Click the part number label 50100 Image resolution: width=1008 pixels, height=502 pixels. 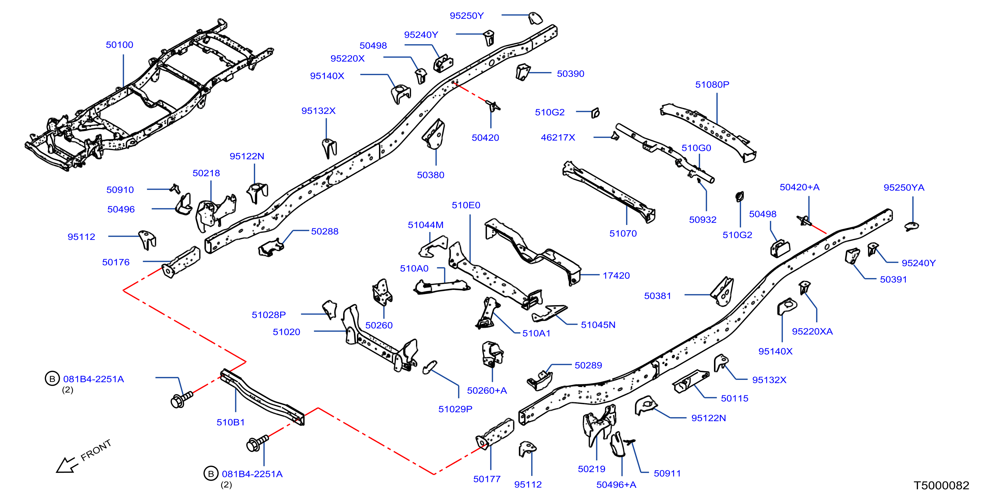click(x=119, y=45)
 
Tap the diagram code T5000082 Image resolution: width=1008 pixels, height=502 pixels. click(x=941, y=485)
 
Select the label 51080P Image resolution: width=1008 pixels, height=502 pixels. click(x=712, y=85)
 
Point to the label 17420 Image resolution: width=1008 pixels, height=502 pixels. click(x=616, y=275)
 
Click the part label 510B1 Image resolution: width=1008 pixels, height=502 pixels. click(x=230, y=422)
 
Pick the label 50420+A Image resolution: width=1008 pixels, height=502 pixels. click(x=800, y=187)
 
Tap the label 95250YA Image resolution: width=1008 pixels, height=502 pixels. click(x=904, y=187)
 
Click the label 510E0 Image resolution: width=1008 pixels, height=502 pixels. click(x=466, y=205)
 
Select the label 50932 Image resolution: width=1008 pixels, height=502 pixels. click(x=702, y=220)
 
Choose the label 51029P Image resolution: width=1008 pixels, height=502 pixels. click(x=455, y=409)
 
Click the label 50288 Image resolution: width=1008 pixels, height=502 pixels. click(x=325, y=231)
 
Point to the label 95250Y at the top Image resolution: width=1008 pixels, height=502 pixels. click(x=466, y=16)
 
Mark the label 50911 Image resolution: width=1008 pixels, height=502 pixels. click(x=667, y=474)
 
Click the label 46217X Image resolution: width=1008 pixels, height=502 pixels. click(x=558, y=137)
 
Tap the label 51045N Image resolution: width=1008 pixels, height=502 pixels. click(x=598, y=325)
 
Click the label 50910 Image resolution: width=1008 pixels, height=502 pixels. click(x=120, y=190)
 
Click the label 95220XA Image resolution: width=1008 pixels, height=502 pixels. click(x=812, y=332)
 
